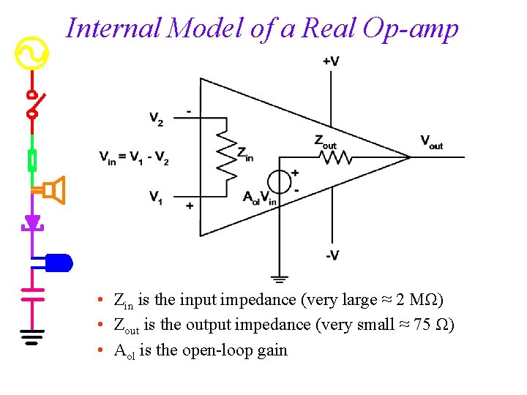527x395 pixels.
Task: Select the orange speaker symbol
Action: [54, 191]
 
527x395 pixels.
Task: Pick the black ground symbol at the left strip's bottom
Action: [31, 337]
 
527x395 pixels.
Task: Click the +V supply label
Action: [330, 61]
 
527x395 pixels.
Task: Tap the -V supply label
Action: [332, 255]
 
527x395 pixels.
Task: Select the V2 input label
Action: [156, 119]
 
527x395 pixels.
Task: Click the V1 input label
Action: [156, 197]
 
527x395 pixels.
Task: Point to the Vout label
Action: [431, 142]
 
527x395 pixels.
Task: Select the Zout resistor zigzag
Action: [334, 156]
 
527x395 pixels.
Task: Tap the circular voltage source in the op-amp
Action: [279, 182]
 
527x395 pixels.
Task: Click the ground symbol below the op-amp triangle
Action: [279, 279]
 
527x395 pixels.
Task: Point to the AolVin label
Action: [259, 197]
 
